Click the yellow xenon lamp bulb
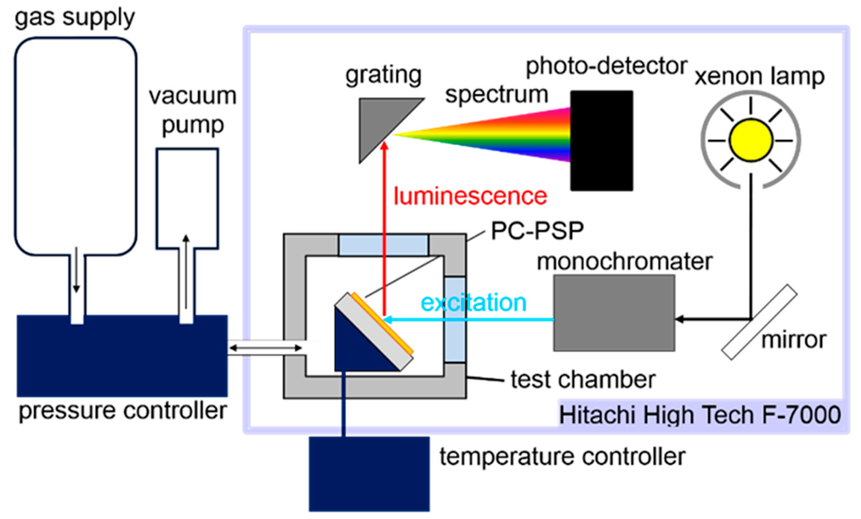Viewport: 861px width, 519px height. click(x=750, y=140)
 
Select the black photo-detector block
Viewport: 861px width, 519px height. click(x=601, y=141)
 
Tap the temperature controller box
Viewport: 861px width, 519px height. click(x=369, y=474)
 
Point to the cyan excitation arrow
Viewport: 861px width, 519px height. click(x=468, y=319)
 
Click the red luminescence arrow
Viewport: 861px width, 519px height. click(x=384, y=227)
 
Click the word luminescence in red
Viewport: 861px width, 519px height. click(x=470, y=196)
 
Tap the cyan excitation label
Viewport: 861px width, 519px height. click(x=473, y=303)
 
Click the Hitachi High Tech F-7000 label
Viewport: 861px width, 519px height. click(x=700, y=415)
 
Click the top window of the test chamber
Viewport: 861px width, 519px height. click(x=383, y=245)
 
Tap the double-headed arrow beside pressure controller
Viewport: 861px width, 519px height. click(x=265, y=348)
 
